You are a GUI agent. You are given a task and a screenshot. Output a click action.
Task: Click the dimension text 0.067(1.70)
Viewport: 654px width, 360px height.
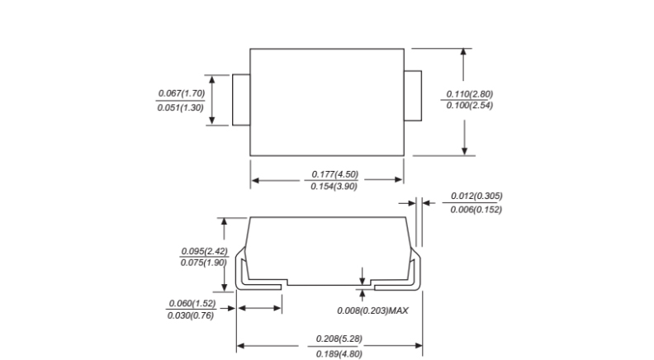coord(181,93)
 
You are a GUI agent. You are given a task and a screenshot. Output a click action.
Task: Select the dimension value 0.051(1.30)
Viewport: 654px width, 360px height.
coord(181,108)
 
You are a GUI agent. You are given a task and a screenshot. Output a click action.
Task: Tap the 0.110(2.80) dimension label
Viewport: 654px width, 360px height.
coord(469,93)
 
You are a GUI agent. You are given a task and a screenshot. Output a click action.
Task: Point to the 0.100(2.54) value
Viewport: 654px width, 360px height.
coord(469,106)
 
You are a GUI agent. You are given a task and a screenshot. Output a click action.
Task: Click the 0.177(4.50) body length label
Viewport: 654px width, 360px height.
coord(334,173)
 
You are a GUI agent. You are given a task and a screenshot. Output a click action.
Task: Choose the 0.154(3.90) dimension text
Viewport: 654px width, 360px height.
coord(334,187)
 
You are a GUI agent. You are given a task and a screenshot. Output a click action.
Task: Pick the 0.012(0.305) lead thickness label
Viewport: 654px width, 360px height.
coord(476,196)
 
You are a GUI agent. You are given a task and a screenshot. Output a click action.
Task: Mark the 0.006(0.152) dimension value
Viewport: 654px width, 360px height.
coord(476,210)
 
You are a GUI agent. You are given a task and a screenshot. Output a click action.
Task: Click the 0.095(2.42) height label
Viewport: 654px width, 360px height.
coord(204,250)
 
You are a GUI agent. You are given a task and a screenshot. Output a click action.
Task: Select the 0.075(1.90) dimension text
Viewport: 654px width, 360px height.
coord(204,263)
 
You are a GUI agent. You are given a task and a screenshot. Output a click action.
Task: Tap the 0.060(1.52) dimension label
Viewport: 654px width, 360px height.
coord(192,303)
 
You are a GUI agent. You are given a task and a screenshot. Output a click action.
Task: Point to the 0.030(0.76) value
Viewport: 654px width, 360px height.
coord(192,316)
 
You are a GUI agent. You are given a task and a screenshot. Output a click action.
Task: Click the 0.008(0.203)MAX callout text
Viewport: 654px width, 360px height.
coord(373,310)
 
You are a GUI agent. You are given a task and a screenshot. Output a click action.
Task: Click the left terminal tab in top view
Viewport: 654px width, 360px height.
coord(241,100)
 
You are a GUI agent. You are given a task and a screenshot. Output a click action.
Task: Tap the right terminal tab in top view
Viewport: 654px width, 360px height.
coord(412,100)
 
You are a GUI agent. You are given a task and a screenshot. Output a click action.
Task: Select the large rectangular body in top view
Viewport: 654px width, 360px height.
coord(326,100)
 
